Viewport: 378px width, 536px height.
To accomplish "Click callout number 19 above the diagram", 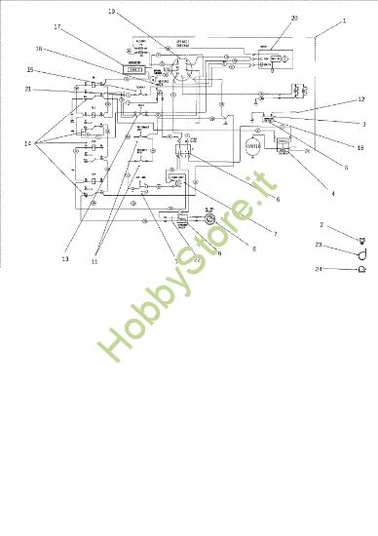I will [111, 11].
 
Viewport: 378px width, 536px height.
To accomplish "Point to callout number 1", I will [344, 20].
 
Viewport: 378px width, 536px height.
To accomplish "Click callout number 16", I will [39, 48].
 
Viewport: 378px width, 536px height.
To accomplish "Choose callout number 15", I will [30, 70].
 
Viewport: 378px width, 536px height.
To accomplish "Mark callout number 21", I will [28, 89].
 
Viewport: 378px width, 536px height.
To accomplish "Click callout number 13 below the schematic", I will [65, 259].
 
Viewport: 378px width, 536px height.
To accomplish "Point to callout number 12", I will [360, 99].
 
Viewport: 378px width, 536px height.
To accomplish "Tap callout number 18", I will [360, 148].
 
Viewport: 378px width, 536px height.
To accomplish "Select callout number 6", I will [278, 200].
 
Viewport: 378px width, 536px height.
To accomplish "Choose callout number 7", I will [275, 234].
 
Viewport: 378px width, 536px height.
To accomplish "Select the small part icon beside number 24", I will [362, 268].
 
